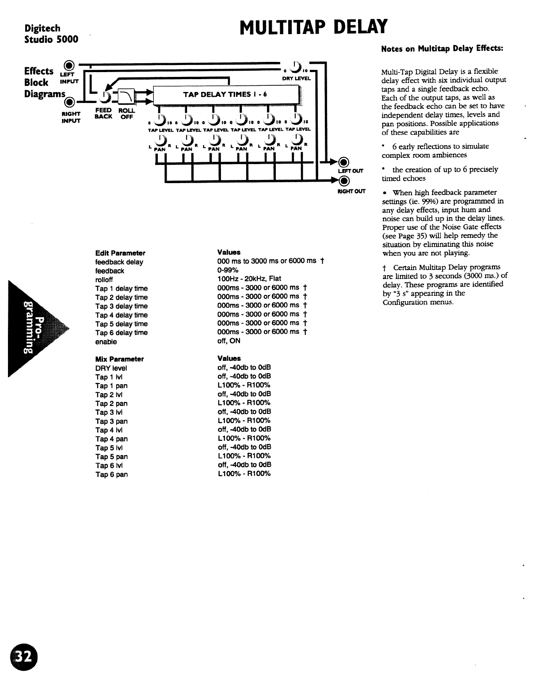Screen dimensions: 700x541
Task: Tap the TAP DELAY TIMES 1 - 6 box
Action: point(225,94)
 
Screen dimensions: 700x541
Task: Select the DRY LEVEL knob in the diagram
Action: point(298,69)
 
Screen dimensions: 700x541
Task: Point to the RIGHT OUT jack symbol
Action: point(344,180)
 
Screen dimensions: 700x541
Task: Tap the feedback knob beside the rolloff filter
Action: point(105,96)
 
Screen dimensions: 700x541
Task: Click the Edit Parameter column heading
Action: point(120,253)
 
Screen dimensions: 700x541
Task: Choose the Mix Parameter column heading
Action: point(119,360)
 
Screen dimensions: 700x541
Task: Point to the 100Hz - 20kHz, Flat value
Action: point(249,279)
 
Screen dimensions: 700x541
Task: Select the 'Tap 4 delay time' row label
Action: point(122,315)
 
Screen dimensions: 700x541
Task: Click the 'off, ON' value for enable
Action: point(229,341)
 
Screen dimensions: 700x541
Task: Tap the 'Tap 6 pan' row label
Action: point(111,474)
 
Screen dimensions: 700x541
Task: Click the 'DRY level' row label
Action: point(111,368)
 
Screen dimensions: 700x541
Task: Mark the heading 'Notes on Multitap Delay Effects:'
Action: point(442,49)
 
